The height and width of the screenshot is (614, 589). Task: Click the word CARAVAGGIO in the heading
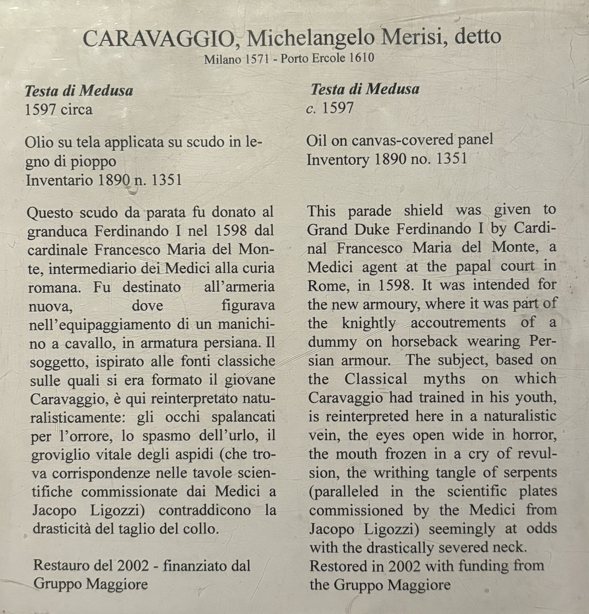[158, 39]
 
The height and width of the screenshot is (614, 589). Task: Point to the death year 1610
[361, 58]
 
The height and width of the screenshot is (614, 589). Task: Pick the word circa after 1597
[76, 110]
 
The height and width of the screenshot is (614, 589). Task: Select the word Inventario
[59, 180]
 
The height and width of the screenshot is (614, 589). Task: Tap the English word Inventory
[338, 159]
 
